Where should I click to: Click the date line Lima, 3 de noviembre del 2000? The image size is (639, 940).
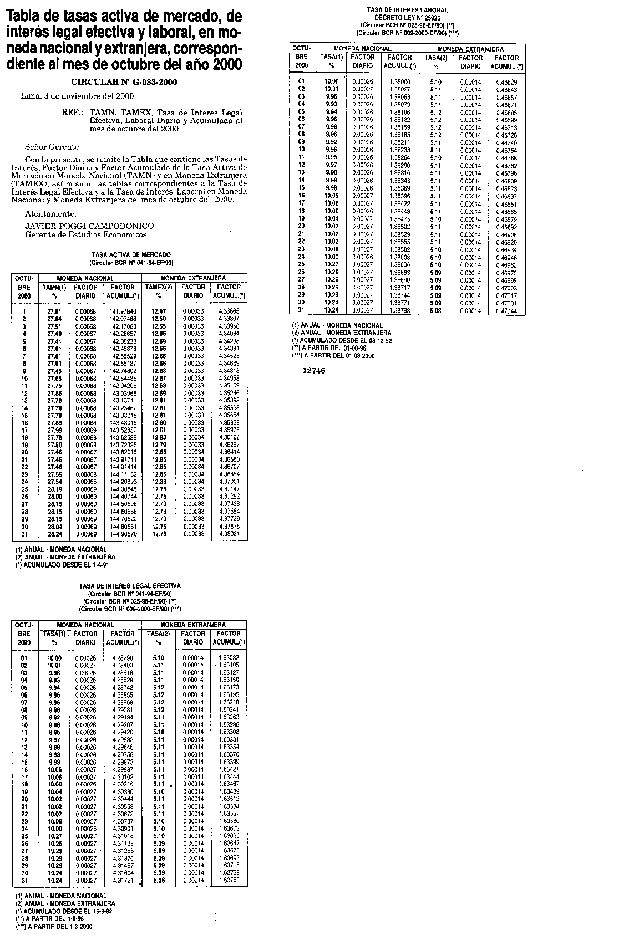pyautogui.click(x=77, y=96)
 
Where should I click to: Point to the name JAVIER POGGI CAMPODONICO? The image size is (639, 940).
pyautogui.click(x=89, y=226)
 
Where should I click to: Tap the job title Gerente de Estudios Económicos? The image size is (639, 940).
pyautogui.click(x=86, y=234)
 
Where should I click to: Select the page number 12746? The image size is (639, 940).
pyautogui.click(x=314, y=371)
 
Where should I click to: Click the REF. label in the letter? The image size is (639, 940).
pyautogui.click(x=73, y=112)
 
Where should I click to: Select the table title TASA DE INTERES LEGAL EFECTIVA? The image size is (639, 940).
pyautogui.click(x=130, y=585)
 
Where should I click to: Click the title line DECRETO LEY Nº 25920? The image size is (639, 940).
pyautogui.click(x=407, y=18)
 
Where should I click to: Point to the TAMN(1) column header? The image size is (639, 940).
pyautogui.click(x=54, y=287)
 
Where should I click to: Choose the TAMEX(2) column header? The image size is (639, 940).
pyautogui.click(x=159, y=287)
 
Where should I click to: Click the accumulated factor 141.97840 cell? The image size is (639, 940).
pyautogui.click(x=123, y=311)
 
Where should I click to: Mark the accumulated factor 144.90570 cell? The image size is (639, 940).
pyautogui.click(x=123, y=534)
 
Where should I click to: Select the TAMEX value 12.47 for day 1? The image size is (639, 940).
pyautogui.click(x=159, y=311)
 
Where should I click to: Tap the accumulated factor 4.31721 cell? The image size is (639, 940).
pyautogui.click(x=123, y=880)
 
